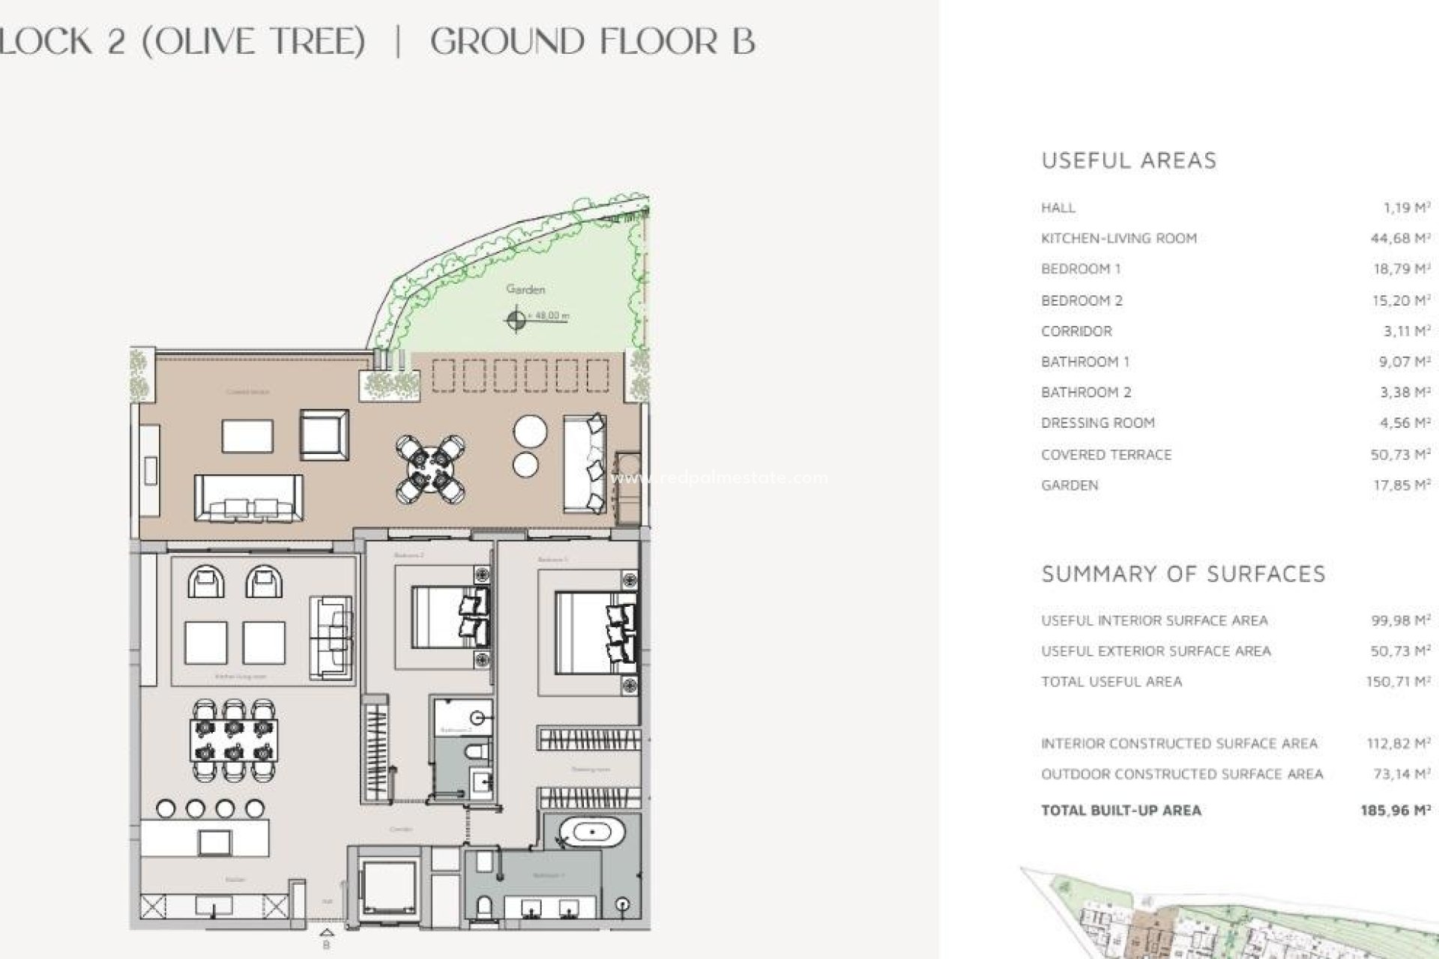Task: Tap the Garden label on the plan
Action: (x=525, y=289)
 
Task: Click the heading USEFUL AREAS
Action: (x=1129, y=160)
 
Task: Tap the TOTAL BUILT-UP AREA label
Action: (x=1120, y=810)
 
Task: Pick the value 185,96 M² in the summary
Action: (x=1395, y=810)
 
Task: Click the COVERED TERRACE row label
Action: (x=1105, y=455)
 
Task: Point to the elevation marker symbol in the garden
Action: (x=516, y=320)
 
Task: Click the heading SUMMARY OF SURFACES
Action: (x=1183, y=574)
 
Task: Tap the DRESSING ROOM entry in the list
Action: (x=1097, y=423)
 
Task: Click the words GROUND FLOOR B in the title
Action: (x=592, y=41)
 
